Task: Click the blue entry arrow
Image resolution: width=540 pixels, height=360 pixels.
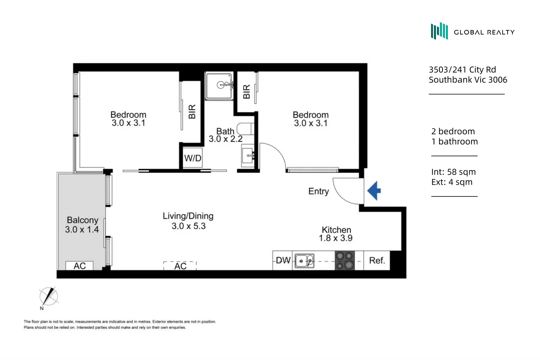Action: [x=375, y=191]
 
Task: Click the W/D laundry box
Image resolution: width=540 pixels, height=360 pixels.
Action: [x=193, y=158]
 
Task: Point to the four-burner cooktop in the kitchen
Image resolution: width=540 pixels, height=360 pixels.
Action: [x=344, y=260]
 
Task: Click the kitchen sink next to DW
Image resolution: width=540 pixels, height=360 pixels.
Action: [x=304, y=261]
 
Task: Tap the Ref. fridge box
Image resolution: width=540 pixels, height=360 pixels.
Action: [x=377, y=260]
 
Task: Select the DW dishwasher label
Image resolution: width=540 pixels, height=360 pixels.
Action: [x=283, y=260]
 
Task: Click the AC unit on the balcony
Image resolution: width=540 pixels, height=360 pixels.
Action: [x=79, y=266]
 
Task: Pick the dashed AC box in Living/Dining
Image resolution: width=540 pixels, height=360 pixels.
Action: [x=180, y=266]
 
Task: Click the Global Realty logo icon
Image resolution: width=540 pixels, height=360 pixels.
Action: [x=439, y=31]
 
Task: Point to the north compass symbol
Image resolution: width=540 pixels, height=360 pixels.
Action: [x=49, y=296]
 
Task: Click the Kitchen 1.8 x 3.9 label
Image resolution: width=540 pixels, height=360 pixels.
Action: [x=336, y=234]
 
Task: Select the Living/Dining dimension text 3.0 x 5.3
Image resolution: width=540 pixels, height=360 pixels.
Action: [x=188, y=226]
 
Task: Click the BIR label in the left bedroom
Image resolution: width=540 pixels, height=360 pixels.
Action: [x=192, y=111]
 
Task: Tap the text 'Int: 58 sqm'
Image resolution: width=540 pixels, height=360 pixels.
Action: [x=453, y=172]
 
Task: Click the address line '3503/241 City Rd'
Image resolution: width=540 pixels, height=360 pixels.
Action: [x=462, y=70]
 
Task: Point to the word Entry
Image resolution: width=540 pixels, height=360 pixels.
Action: [x=318, y=191]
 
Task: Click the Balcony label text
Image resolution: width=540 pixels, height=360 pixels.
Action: [x=82, y=220]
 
